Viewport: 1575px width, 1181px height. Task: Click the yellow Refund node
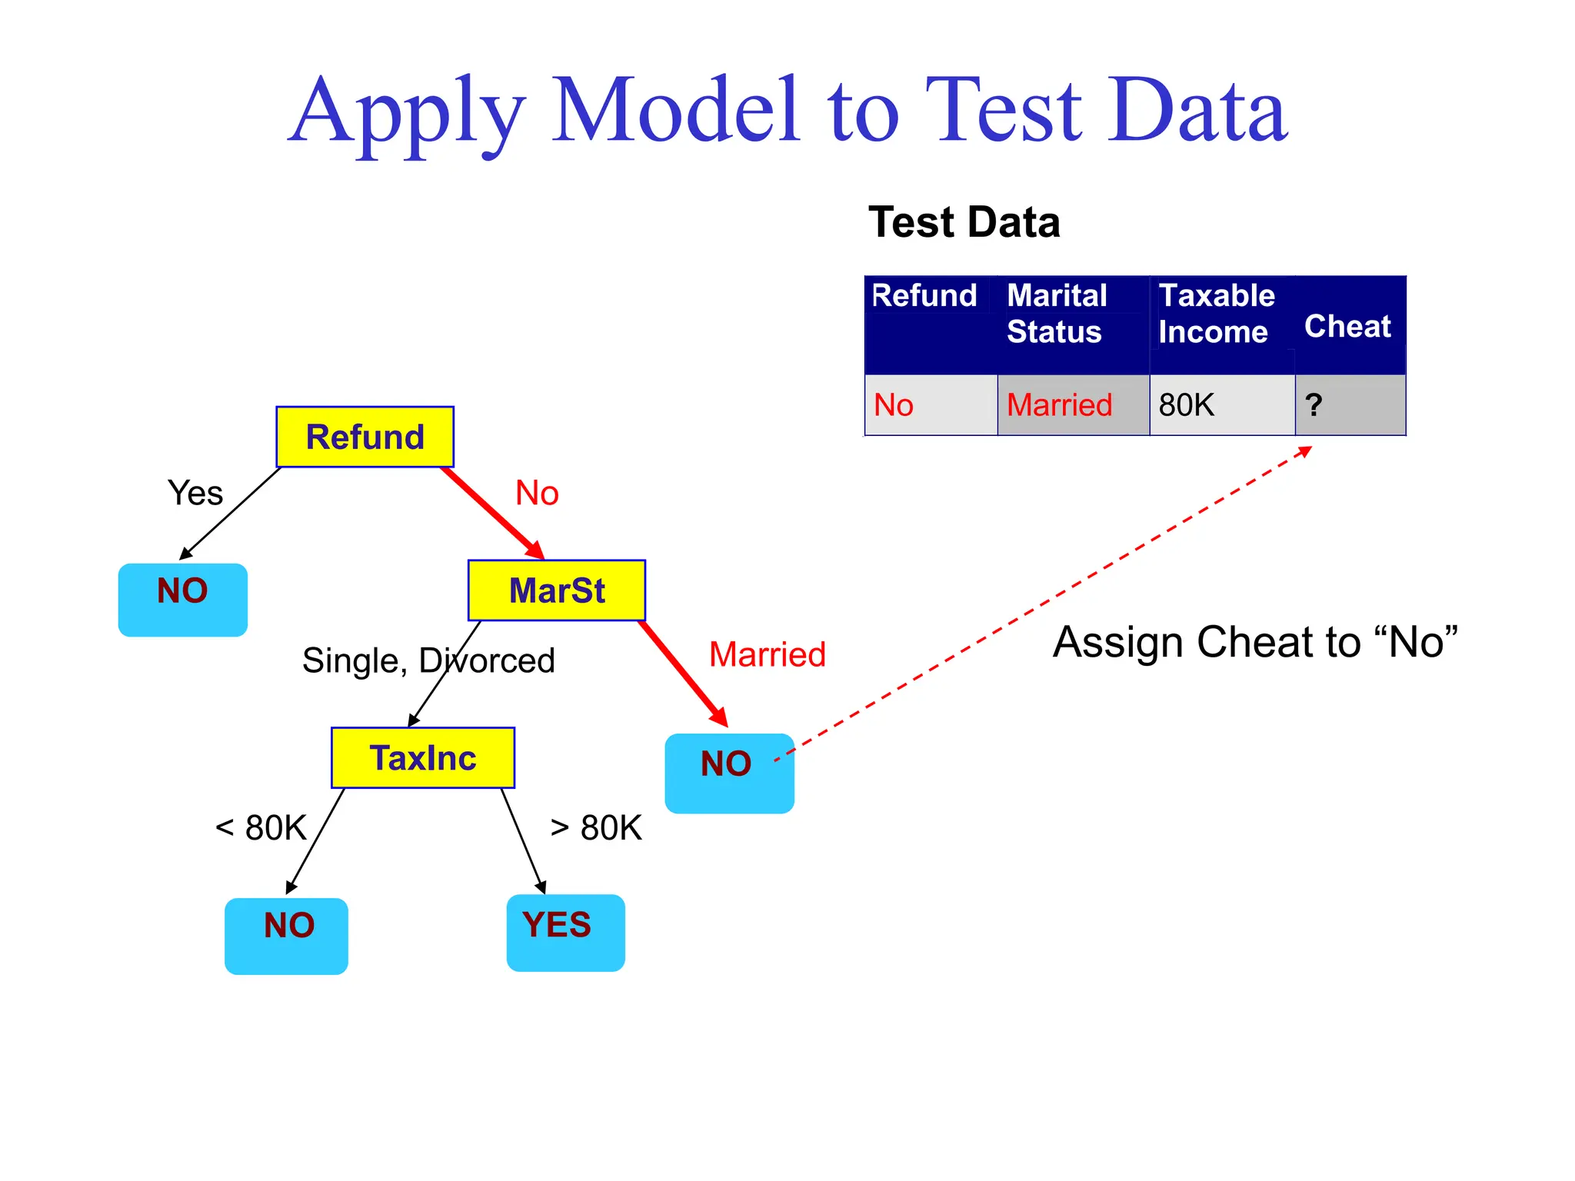click(365, 437)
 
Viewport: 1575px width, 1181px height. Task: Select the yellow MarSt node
click(557, 590)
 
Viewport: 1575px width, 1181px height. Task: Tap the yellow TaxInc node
click(423, 758)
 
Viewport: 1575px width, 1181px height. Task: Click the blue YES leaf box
click(565, 933)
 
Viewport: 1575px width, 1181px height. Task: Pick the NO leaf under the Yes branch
click(183, 600)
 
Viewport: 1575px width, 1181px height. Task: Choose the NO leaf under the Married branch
click(729, 773)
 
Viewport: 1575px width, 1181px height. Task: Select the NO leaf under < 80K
click(286, 936)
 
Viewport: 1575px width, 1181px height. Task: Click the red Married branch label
click(767, 655)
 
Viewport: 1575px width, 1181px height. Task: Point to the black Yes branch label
click(195, 493)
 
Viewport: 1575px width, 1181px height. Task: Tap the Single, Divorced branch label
click(428, 660)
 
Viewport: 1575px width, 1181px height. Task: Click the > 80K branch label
click(596, 828)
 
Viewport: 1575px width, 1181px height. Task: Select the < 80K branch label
click(261, 828)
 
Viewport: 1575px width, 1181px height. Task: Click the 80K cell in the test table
click(1221, 405)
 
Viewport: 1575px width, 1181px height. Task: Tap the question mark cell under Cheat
click(1350, 405)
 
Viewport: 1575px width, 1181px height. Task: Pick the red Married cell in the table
click(1073, 405)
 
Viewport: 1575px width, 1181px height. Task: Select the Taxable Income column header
click(1221, 314)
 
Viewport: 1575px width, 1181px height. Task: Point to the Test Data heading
click(964, 223)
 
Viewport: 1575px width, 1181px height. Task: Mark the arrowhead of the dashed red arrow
click(1307, 451)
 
